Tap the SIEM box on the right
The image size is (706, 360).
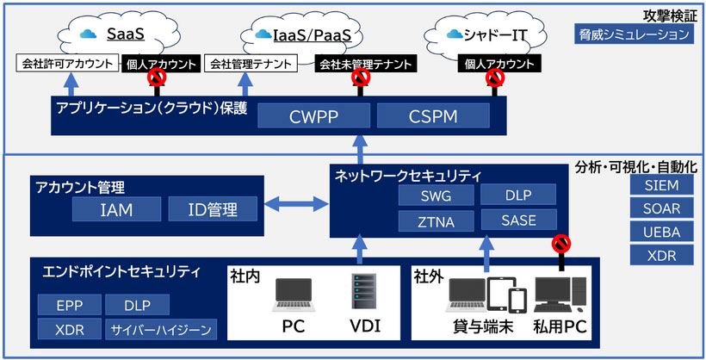[661, 185]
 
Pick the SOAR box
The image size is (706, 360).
[661, 208]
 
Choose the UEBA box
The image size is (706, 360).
[661, 232]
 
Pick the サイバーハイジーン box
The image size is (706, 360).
[160, 329]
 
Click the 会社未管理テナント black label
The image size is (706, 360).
[361, 64]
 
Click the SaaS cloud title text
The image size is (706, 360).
[124, 34]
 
